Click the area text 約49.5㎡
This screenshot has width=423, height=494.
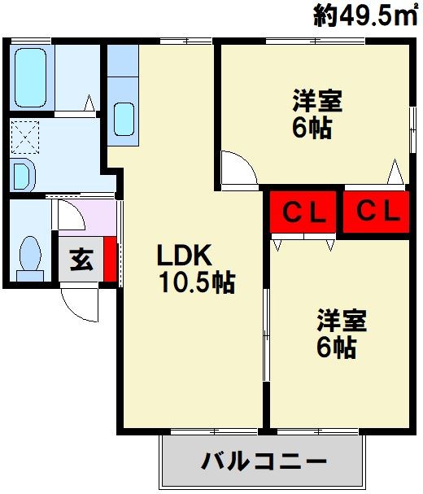(x=364, y=15)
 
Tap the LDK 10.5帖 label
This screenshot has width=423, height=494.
(x=196, y=269)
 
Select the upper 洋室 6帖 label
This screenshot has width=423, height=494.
(x=316, y=114)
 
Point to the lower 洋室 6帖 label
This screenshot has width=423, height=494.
(x=341, y=334)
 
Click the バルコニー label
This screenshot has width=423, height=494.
(x=264, y=462)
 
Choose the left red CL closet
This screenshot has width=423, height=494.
(x=303, y=212)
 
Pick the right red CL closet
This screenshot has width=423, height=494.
(x=376, y=212)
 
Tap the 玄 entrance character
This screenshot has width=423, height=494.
(x=81, y=260)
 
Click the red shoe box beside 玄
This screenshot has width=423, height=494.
(x=111, y=259)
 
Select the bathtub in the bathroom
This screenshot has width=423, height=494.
(x=31, y=77)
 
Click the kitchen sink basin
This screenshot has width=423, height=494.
(x=124, y=120)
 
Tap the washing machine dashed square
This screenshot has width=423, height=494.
(x=25, y=137)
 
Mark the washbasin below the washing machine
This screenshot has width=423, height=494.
(x=22, y=176)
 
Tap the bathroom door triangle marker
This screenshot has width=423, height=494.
(x=89, y=103)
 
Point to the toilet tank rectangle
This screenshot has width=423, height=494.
(x=30, y=276)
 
